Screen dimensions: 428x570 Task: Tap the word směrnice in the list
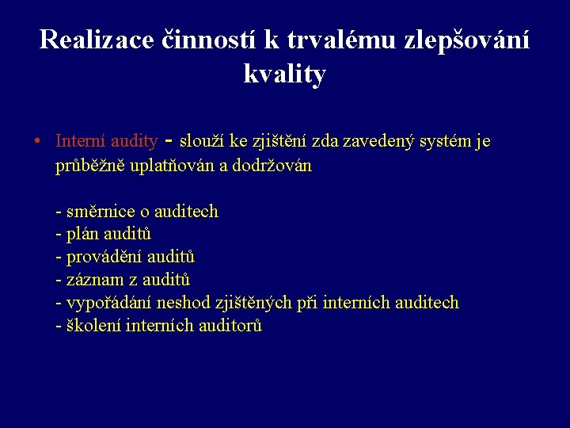(101, 212)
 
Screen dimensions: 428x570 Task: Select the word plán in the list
(83, 235)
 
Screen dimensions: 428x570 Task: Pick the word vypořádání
(110, 303)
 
